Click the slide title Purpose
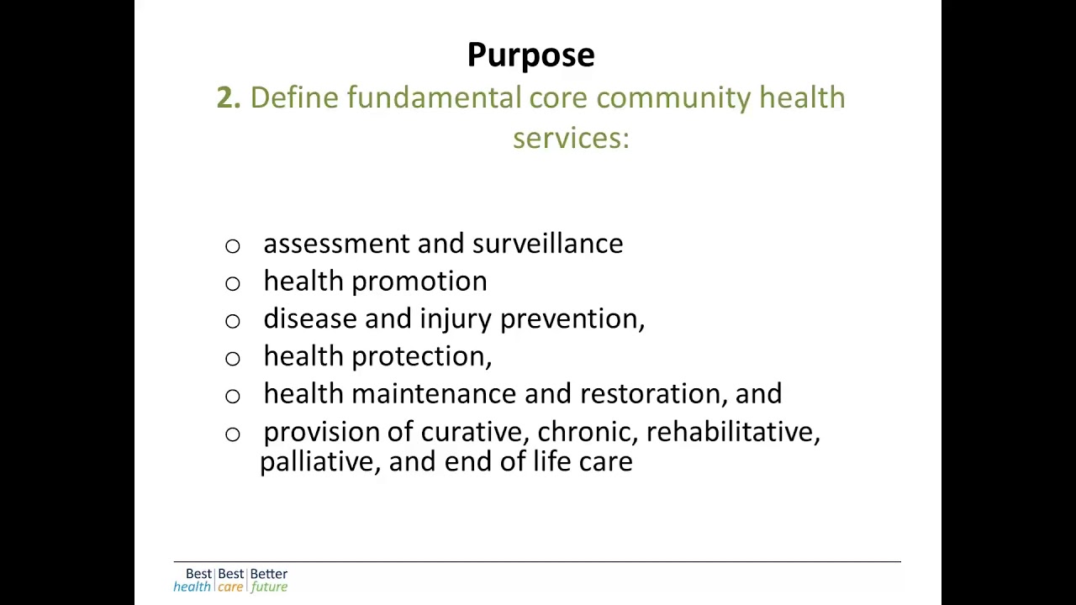click(530, 55)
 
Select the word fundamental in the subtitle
click(434, 98)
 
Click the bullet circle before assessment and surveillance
click(233, 246)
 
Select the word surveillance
click(547, 244)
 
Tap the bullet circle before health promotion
click(233, 284)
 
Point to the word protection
click(419, 357)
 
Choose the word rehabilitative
click(731, 432)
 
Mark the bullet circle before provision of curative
click(233, 434)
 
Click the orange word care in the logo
click(230, 587)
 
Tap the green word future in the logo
click(269, 587)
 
